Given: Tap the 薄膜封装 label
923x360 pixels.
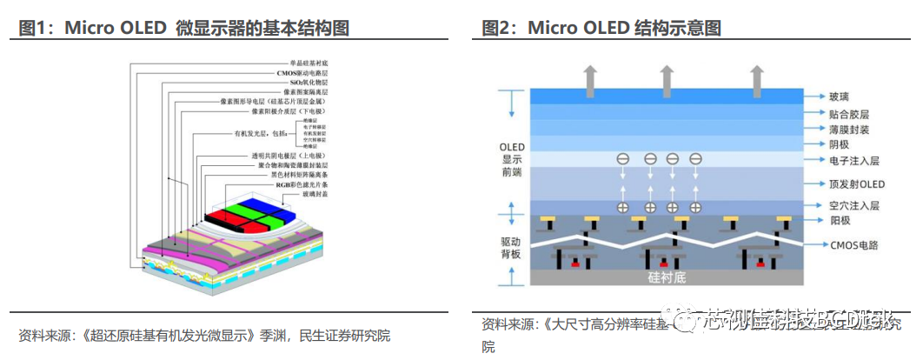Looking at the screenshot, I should (827, 128).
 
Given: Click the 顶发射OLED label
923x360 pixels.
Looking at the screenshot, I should (833, 183).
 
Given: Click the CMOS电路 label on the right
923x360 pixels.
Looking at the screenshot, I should (834, 246).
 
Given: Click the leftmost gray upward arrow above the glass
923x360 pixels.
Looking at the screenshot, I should (589, 80).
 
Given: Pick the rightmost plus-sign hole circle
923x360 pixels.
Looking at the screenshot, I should (695, 207).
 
